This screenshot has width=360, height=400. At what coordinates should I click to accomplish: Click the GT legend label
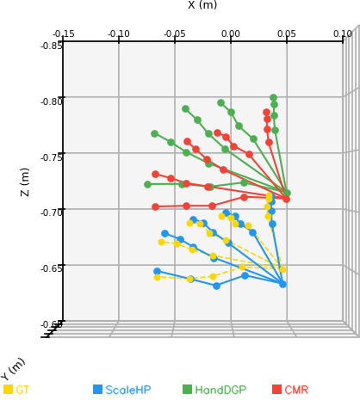(22, 390)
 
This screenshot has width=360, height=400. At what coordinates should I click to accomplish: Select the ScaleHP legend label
(128, 390)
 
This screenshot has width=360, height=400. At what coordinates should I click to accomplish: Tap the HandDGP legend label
(220, 390)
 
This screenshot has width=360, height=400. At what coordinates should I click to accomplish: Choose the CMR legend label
(296, 390)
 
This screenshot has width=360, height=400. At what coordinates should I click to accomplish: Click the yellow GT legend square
(8, 389)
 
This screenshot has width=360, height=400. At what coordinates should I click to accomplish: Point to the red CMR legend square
(276, 389)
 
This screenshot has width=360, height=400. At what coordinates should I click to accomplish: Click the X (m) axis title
(202, 4)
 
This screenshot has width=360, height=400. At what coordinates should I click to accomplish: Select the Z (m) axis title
(25, 182)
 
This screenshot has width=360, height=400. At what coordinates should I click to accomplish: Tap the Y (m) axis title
(13, 369)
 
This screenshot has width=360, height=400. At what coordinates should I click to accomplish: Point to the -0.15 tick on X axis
(64, 34)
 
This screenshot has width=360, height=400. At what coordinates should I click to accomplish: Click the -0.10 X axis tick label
(119, 34)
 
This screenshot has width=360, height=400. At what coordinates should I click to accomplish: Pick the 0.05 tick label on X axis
(287, 34)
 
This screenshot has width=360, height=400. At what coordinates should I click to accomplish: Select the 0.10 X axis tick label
(343, 34)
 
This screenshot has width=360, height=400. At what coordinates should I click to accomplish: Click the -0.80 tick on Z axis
(52, 102)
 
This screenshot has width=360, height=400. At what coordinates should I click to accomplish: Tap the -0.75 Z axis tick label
(52, 157)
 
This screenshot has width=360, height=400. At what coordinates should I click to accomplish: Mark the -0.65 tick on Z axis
(52, 268)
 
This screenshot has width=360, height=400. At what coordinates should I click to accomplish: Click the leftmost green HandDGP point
(147, 184)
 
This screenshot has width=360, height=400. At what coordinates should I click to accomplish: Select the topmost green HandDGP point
(273, 98)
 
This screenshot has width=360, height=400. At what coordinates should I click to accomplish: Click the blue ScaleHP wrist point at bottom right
(282, 284)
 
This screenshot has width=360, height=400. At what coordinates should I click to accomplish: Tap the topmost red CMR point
(266, 112)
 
